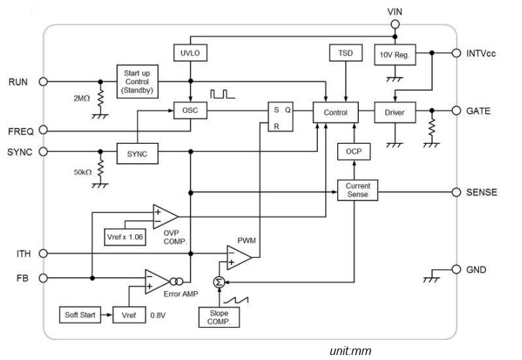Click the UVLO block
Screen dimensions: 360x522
point(190,53)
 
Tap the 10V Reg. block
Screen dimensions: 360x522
point(393,53)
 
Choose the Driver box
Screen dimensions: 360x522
point(393,112)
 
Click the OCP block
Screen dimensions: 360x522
point(352,152)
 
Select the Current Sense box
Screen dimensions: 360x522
point(357,191)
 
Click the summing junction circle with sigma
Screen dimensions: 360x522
point(219,282)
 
